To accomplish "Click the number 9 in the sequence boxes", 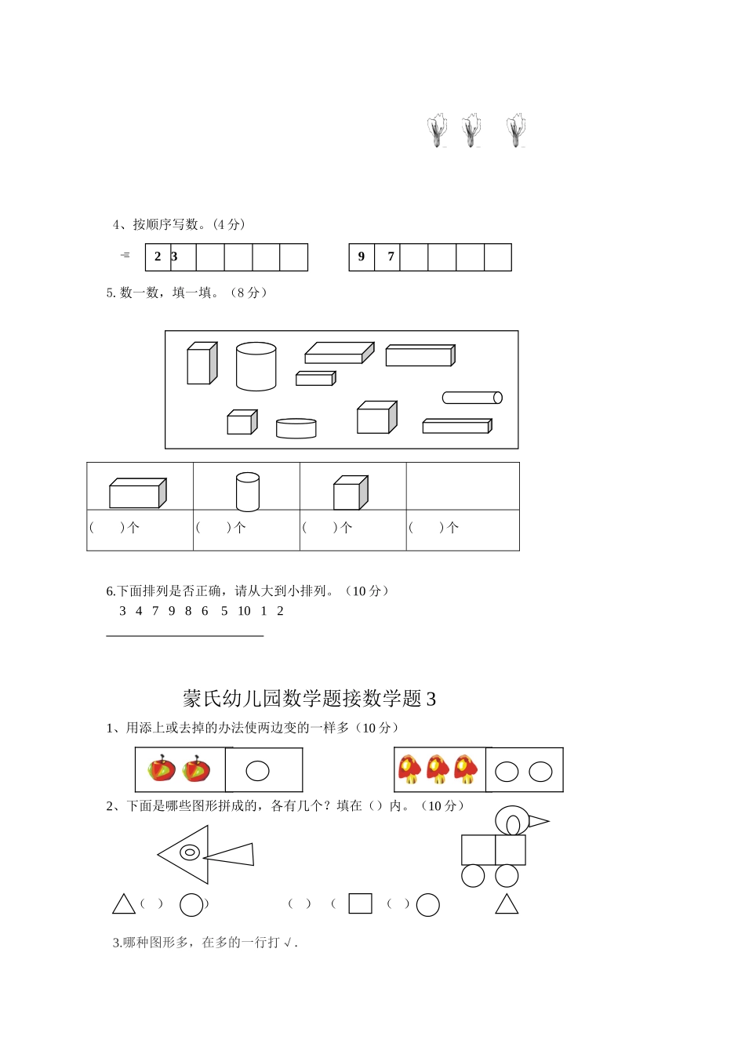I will tap(362, 256).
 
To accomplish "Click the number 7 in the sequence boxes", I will tap(391, 256).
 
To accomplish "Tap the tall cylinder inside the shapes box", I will tap(256, 366).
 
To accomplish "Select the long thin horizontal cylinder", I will tap(472, 398).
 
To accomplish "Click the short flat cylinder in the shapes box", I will tap(296, 428).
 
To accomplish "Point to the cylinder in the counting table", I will tap(247, 492).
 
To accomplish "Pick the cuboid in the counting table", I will tap(137, 493).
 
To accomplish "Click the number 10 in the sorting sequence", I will tap(244, 611).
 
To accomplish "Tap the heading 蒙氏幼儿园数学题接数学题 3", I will tap(309, 698).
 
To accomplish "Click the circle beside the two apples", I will tap(257, 771).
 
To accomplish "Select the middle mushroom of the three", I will tap(438, 769).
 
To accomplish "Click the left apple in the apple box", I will tap(162, 769).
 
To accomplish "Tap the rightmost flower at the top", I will tap(516, 130).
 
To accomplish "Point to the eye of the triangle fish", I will tap(190, 852).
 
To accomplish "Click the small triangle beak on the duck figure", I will tap(538, 822).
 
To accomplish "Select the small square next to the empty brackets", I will tap(360, 903).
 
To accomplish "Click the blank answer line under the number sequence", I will tap(184, 635).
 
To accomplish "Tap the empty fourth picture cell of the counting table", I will tap(463, 486).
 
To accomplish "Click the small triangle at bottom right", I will tap(507, 904).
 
